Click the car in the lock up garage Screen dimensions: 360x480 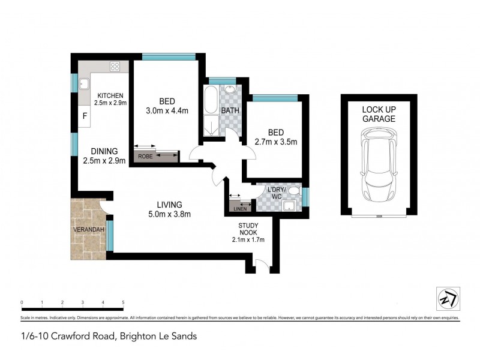click(x=379, y=167)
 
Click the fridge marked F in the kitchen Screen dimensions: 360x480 click(x=85, y=116)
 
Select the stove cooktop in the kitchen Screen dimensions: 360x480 click(x=115, y=67)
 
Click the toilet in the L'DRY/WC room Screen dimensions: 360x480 click(x=293, y=191)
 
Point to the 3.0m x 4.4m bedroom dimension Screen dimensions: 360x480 click(x=167, y=110)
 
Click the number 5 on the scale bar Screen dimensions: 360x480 click(x=123, y=302)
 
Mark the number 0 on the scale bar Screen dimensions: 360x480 click(x=22, y=302)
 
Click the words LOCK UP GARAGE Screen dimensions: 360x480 click(x=379, y=114)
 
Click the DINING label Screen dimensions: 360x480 click(x=100, y=151)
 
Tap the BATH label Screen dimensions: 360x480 click(x=230, y=110)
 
